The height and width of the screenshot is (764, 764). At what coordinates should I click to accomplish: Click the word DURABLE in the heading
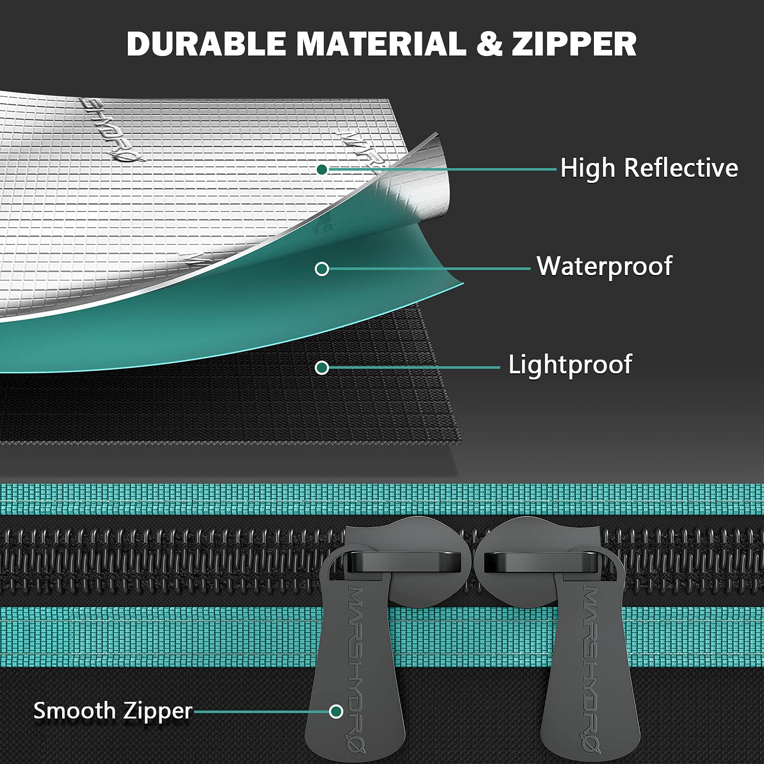tap(206, 44)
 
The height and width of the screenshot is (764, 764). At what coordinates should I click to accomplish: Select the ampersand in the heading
tap(489, 44)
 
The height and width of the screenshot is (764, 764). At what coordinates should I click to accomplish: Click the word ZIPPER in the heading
tap(575, 44)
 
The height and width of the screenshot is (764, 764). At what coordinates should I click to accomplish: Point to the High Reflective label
tap(649, 168)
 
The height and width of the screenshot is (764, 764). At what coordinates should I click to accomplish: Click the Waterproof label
tap(605, 266)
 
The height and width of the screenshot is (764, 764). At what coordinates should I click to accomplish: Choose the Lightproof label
tap(570, 365)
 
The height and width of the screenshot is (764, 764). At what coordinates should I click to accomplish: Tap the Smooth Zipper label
tap(113, 711)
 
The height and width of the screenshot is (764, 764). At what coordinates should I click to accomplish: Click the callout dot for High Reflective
tap(322, 170)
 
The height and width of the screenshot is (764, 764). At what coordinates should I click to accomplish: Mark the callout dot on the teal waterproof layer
tap(322, 269)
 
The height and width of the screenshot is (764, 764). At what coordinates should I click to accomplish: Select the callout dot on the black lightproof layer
tap(322, 367)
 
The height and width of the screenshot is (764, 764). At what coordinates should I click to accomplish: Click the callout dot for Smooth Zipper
tap(336, 712)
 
